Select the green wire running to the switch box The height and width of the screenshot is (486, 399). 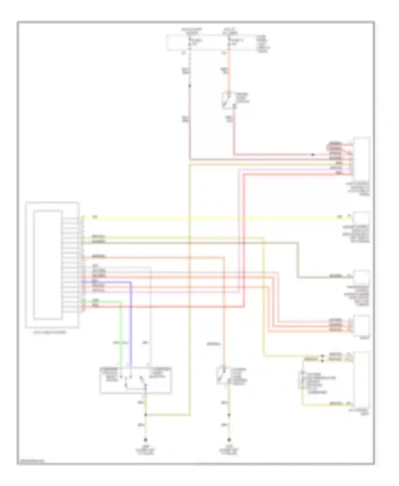coord(121,332)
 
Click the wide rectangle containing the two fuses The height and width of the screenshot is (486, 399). coord(210,43)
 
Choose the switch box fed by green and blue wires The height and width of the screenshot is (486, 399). coord(136,380)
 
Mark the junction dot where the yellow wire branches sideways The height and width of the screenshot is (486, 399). coord(146,415)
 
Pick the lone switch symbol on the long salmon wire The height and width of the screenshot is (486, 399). coord(222,375)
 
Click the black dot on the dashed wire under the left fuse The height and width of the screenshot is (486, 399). coord(190,86)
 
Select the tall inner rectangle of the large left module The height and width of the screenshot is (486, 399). coord(48,265)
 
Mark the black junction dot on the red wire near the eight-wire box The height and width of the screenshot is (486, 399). coord(313,154)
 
